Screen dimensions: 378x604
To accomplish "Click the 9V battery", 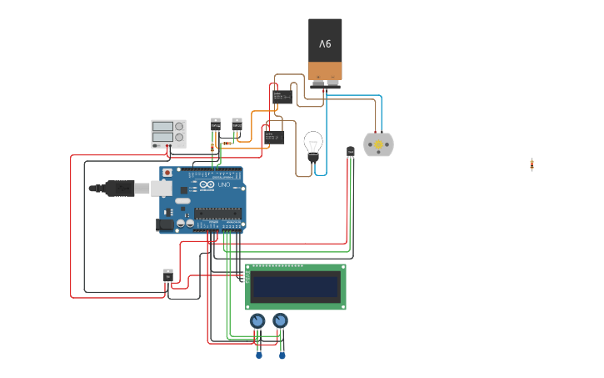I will (x=325, y=50).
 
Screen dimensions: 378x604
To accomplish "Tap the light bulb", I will (x=313, y=144).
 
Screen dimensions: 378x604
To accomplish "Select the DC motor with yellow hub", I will (x=378, y=145).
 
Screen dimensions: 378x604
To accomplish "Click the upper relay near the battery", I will (x=282, y=96).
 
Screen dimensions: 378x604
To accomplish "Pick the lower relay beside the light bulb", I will (x=274, y=136).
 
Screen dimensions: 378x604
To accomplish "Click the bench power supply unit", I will (x=168, y=133).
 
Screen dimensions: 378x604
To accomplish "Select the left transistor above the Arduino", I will (x=216, y=126).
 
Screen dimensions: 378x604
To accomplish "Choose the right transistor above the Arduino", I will (x=237, y=126).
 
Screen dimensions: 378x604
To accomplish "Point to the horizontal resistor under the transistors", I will (x=227, y=143).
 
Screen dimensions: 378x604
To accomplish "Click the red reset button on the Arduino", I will (x=167, y=173).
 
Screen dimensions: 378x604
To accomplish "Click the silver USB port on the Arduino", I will (x=162, y=189).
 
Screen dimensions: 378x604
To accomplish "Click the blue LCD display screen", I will (x=295, y=287).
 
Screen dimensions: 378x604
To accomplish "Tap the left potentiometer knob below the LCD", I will (x=257, y=320).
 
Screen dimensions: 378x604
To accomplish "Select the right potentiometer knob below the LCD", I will (x=281, y=320).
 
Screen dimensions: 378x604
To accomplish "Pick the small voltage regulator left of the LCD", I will (x=168, y=275).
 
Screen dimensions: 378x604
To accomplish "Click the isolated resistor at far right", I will (x=532, y=164).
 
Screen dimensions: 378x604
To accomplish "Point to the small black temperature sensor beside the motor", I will (x=350, y=151).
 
